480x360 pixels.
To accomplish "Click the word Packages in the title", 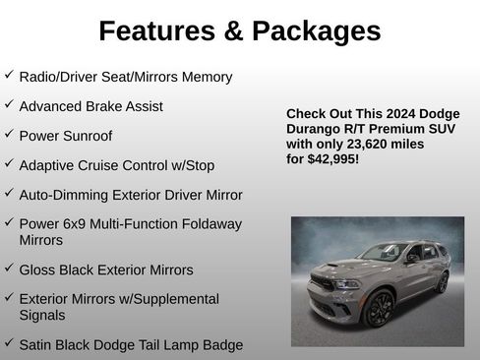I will coord(315,30).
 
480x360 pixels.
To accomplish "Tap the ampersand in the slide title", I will coord(233,30).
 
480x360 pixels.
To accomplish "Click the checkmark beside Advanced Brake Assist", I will coord(9,104).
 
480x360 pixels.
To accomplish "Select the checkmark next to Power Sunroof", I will coord(9,134).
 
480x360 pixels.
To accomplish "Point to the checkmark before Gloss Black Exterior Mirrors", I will coord(9,268).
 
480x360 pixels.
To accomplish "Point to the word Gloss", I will coord(39,270).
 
